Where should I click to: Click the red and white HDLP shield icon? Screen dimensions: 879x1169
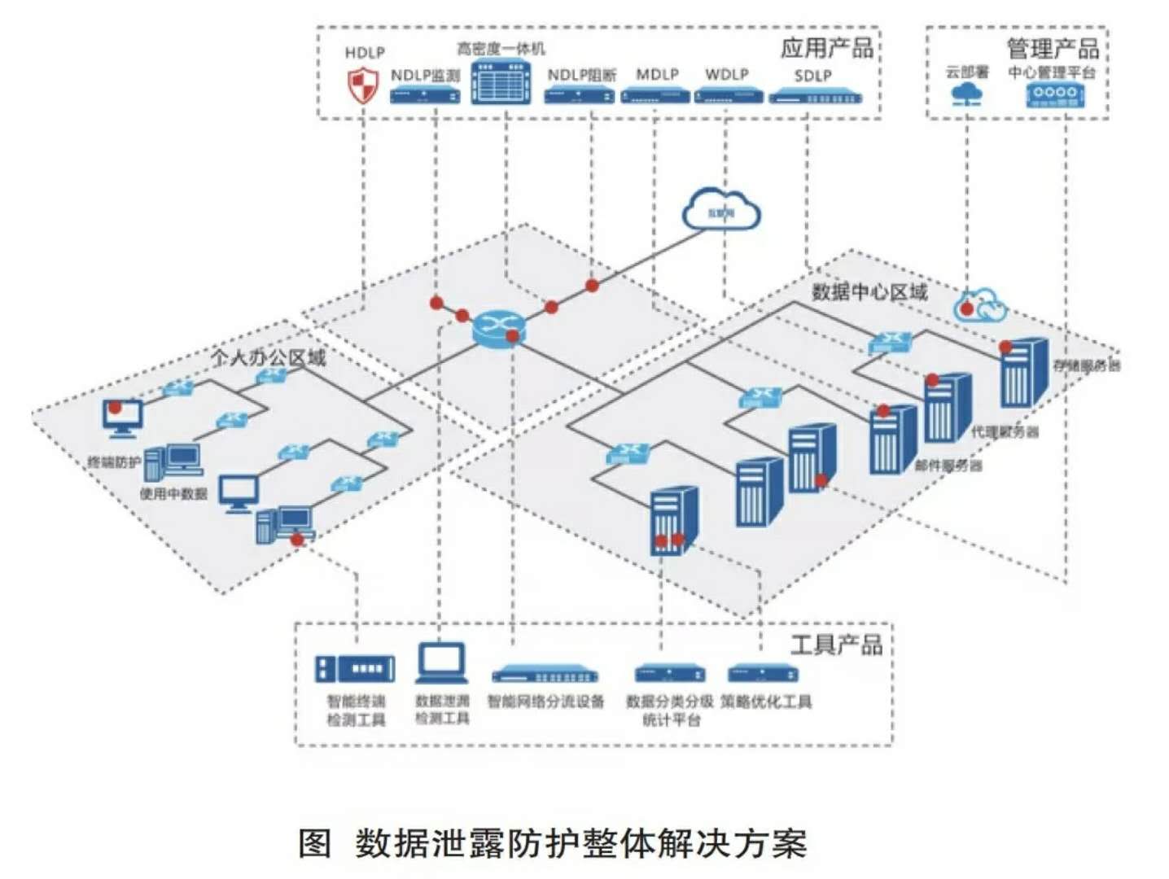(363, 85)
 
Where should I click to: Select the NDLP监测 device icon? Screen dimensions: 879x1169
(424, 95)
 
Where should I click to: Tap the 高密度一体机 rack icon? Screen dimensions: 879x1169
(501, 81)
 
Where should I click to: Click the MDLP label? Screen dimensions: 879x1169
(657, 74)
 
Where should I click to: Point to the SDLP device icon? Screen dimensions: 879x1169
(814, 98)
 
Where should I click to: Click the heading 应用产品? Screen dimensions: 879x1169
(826, 48)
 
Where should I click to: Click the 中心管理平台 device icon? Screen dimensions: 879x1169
(1055, 94)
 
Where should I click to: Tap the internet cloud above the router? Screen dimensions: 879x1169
(721, 210)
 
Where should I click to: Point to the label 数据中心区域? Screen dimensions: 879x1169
(869, 292)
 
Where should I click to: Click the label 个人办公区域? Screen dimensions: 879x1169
(268, 356)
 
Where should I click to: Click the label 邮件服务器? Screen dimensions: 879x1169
(948, 466)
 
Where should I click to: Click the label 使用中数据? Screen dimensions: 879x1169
(173, 493)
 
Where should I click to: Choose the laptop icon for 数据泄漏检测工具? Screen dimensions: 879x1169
(442, 663)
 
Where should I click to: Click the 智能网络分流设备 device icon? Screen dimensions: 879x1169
(545, 675)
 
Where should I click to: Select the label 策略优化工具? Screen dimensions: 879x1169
(765, 701)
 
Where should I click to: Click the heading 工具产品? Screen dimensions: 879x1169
(836, 645)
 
